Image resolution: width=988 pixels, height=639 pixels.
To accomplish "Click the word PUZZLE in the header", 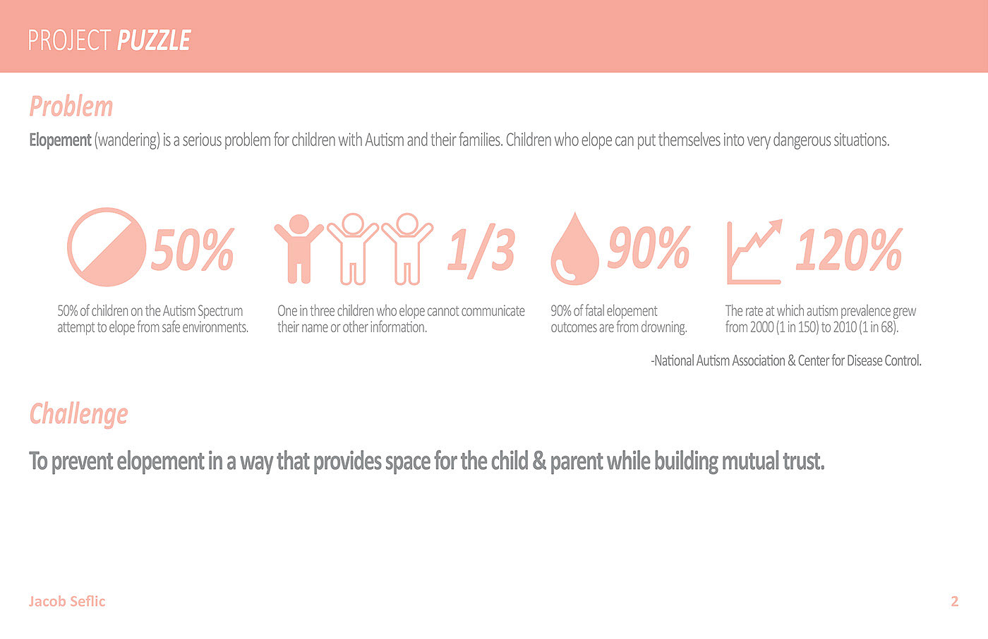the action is point(154,40).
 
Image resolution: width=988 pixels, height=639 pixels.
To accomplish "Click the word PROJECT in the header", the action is point(69,40).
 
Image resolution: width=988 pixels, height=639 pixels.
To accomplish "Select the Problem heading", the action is point(71,107).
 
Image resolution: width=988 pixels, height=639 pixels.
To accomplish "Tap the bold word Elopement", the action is point(61,140).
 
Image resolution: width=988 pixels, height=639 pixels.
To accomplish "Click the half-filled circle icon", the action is point(107,248).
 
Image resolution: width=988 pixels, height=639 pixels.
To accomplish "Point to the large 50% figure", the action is point(193,249).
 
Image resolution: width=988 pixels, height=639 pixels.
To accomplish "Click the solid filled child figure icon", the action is point(299,248).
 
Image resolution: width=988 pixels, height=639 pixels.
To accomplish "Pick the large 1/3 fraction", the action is point(481,252).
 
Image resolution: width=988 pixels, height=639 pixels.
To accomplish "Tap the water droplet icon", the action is point(574,249).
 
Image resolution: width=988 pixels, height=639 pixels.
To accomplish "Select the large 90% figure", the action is point(649,248).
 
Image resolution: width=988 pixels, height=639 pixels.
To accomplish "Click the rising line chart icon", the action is point(754,252).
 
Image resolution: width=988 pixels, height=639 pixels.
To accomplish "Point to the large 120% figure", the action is point(849,250).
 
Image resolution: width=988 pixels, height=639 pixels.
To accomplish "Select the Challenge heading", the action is point(79,414).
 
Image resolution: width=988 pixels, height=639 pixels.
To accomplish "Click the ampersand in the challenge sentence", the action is point(539,461).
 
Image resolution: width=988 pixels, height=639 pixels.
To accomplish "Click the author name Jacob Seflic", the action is point(67,601).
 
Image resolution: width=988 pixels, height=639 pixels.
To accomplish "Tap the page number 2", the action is point(954,601).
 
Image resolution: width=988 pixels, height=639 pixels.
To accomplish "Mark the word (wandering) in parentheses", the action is point(127,140).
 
